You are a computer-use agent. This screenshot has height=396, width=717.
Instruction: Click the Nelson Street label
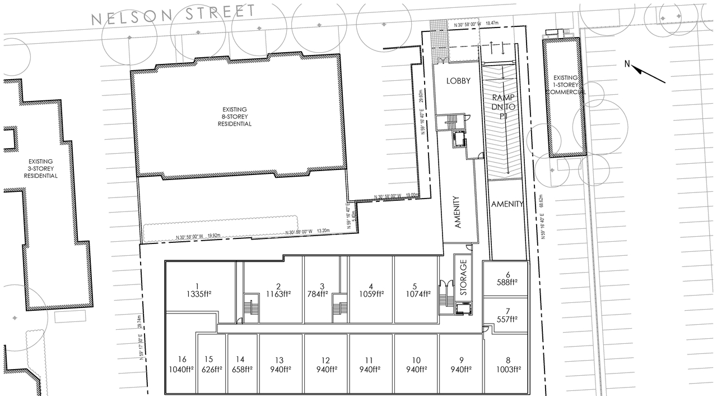pos(173,14)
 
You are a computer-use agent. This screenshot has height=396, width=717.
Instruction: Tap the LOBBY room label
pos(458,81)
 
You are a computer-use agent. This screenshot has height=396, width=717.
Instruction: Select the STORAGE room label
pos(463,277)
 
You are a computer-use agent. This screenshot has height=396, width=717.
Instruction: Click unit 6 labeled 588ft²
pos(508,279)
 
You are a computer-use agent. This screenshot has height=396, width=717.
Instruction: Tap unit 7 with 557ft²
pos(508,315)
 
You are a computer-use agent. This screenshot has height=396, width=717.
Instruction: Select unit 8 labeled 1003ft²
pos(508,365)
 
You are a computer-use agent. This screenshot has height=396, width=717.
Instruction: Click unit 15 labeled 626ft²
pos(209,365)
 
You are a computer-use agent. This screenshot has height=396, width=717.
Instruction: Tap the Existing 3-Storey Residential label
pos(40,168)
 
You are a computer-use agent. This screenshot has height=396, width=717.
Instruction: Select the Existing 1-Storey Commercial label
pos(566,85)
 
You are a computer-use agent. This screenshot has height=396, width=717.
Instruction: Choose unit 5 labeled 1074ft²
pos(416,289)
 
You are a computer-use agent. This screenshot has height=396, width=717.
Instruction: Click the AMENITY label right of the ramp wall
pos(507,204)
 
